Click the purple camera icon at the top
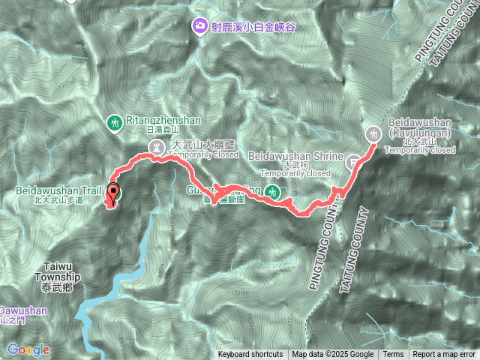(x=199, y=26)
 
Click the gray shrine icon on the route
(x=353, y=160)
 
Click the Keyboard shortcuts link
(x=250, y=355)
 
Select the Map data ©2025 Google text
(x=332, y=355)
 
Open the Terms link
(x=393, y=355)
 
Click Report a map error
(x=444, y=355)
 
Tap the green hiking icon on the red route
(x=274, y=193)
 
